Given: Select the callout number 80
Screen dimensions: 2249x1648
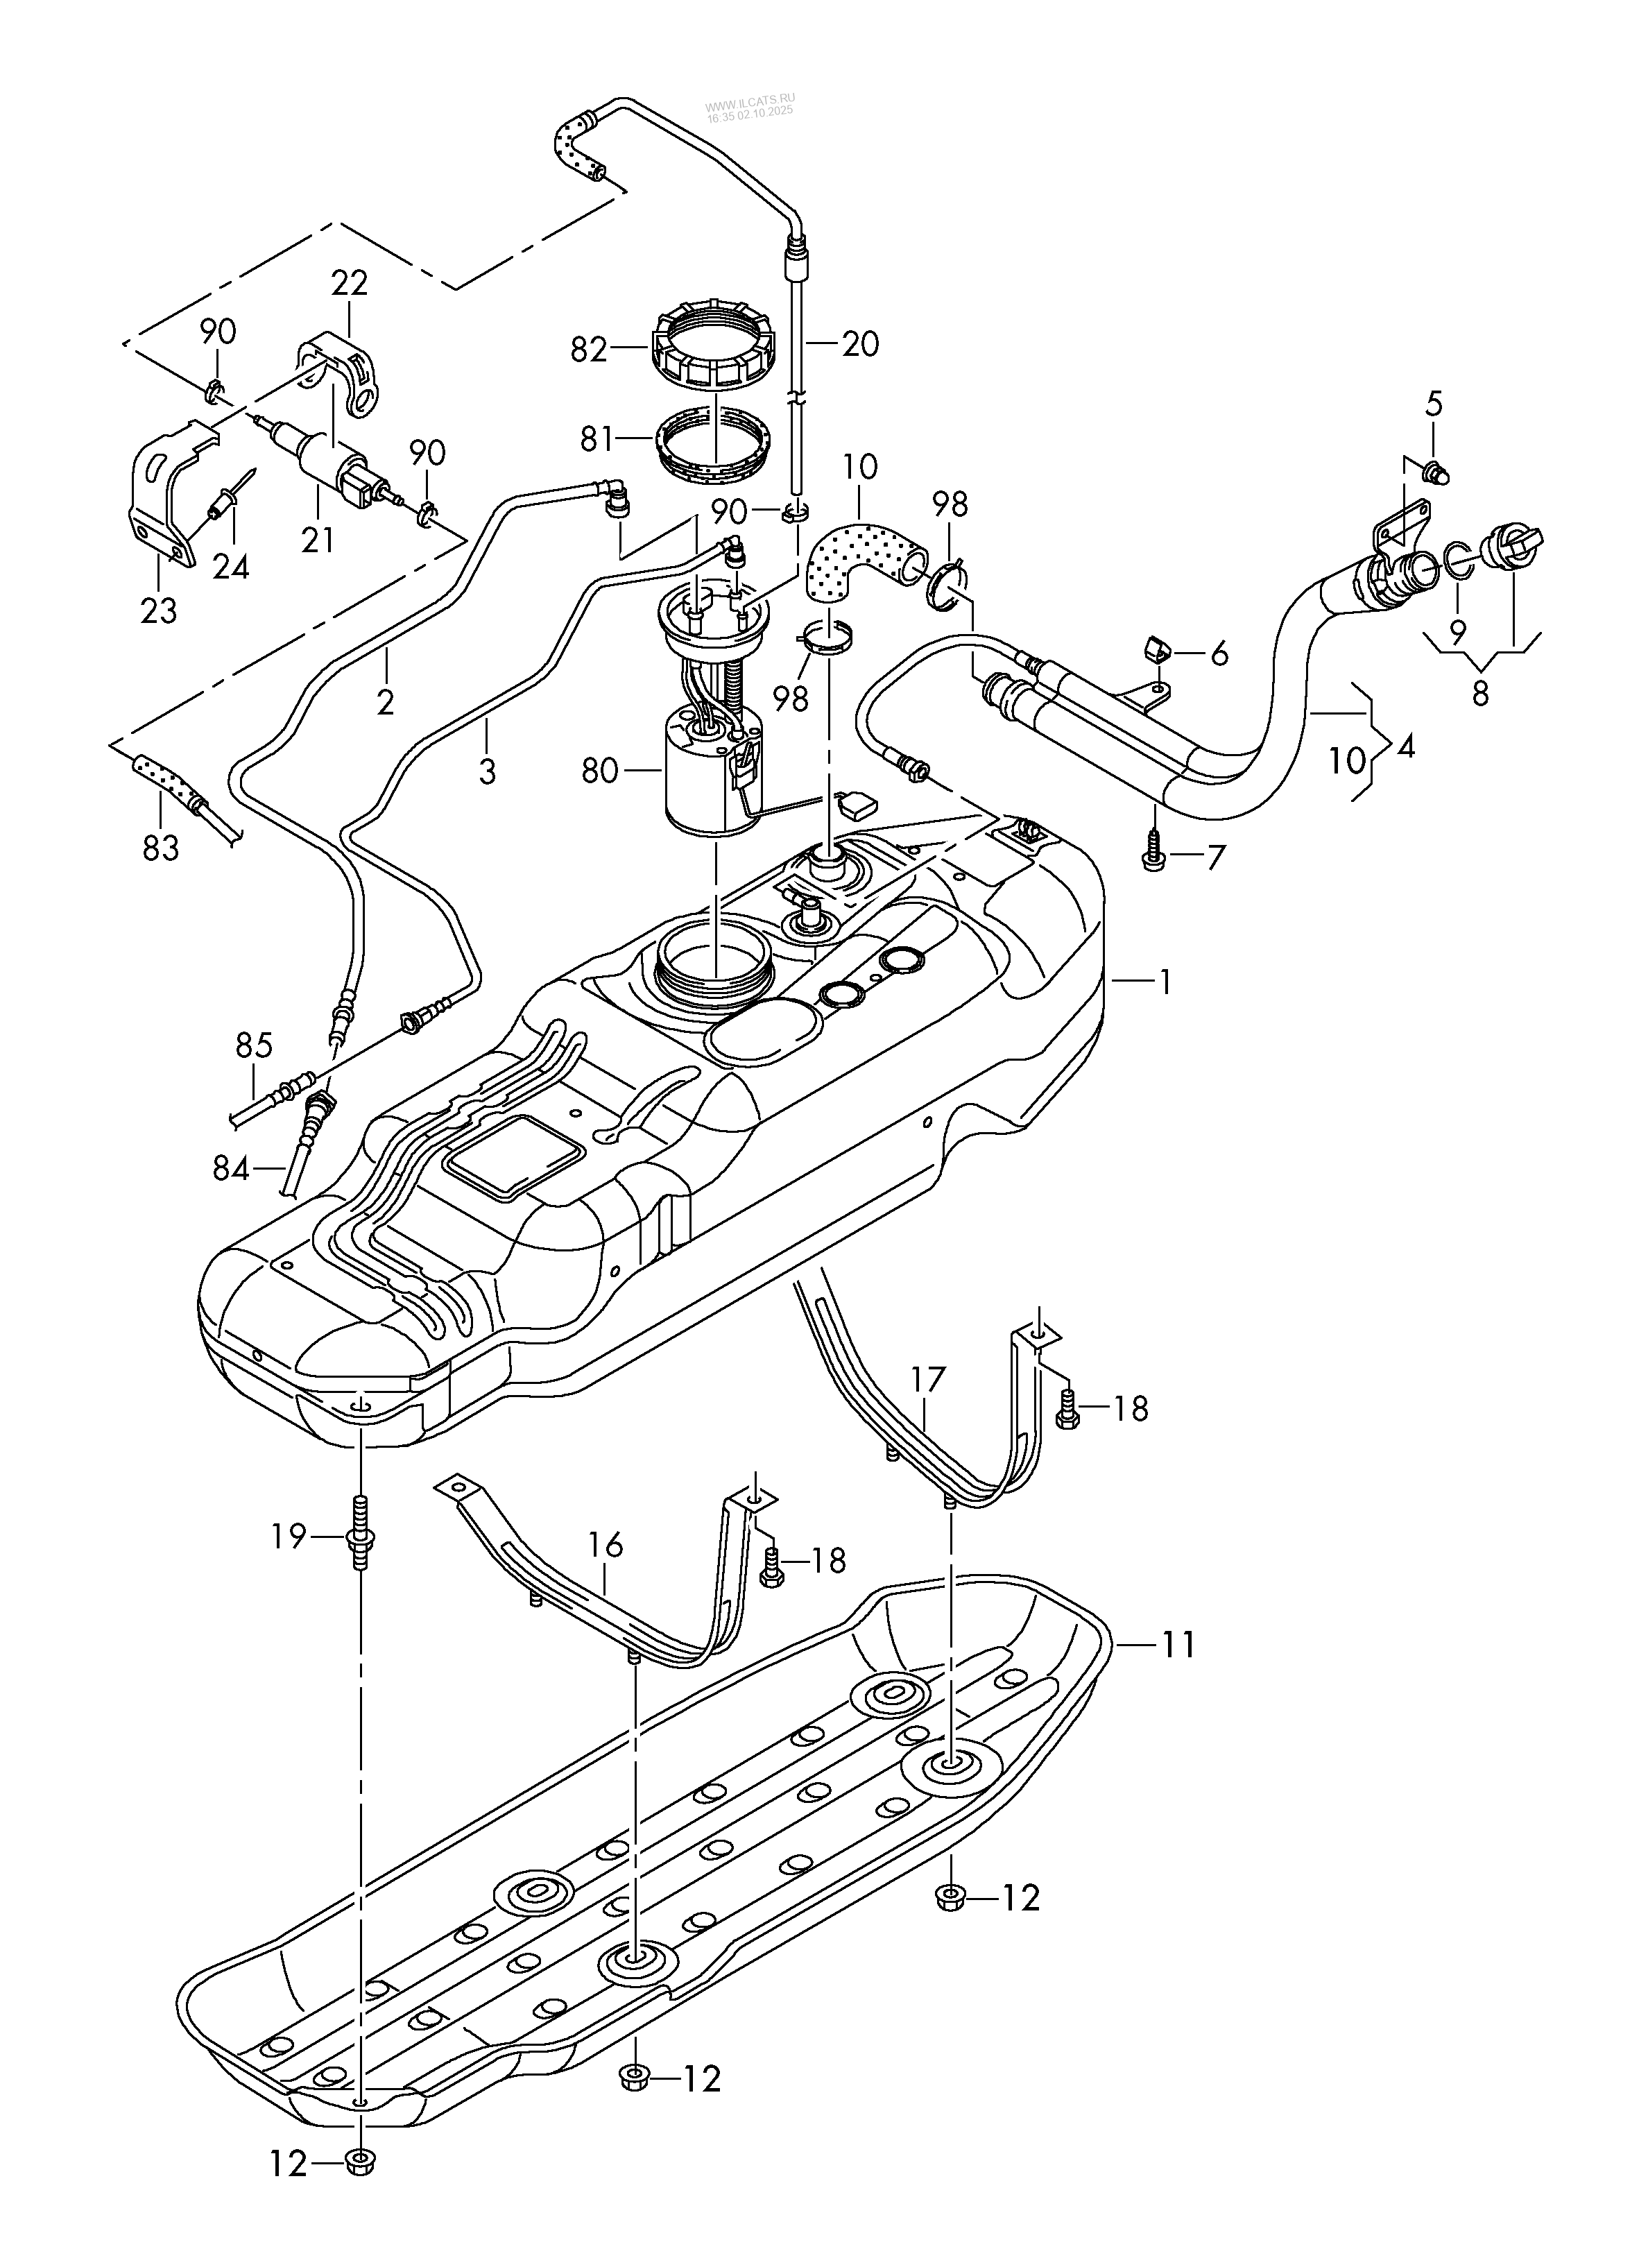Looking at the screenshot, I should [x=599, y=771].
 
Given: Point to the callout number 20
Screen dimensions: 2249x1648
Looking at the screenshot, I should [x=860, y=344].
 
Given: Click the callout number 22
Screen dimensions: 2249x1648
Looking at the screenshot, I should [x=349, y=283].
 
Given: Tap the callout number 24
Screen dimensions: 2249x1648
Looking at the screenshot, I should [x=230, y=566].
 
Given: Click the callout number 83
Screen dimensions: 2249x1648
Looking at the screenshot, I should [x=161, y=848].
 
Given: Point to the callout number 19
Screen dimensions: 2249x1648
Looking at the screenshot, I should [x=289, y=1537].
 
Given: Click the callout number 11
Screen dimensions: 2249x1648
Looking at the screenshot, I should [x=1176, y=1643].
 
